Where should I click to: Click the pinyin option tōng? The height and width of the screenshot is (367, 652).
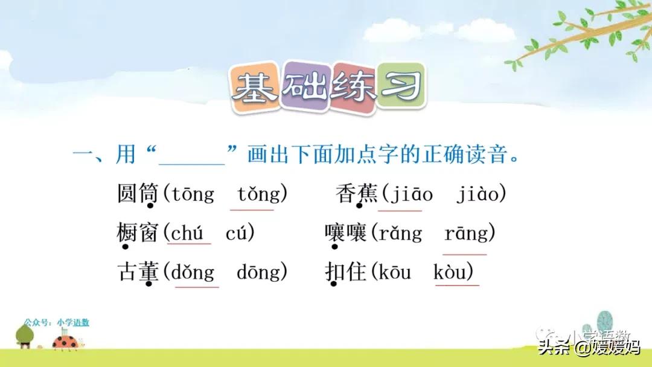193,194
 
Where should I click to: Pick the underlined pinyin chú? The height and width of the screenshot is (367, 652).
187,233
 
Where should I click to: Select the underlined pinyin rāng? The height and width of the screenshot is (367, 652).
465,233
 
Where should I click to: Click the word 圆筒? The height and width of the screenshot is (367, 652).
138,194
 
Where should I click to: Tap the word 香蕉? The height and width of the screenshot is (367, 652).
357,194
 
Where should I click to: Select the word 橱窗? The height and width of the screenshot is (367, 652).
138,233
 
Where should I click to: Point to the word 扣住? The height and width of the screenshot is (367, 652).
346,272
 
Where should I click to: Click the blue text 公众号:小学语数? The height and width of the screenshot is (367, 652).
57,322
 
